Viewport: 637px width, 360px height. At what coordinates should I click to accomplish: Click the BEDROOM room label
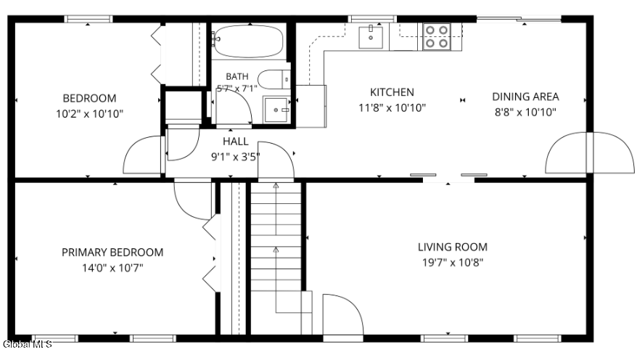tap(89, 98)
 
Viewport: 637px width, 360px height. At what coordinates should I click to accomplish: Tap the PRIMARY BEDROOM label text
tap(112, 253)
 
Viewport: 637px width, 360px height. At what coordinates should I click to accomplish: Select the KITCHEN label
tap(392, 92)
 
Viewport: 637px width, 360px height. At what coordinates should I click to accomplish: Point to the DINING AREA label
tap(525, 97)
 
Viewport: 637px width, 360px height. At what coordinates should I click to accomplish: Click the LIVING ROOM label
tap(453, 247)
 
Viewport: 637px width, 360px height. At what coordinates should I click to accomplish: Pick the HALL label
tap(236, 142)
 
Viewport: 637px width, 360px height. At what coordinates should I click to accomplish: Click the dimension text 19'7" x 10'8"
tap(453, 263)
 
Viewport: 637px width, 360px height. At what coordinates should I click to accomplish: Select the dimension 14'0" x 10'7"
tap(112, 268)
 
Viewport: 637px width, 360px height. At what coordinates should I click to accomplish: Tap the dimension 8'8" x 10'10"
tap(525, 112)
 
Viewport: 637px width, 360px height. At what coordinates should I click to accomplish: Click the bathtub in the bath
tap(248, 41)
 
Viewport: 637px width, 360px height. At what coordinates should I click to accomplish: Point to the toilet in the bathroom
tap(274, 79)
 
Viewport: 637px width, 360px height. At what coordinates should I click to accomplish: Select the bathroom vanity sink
tap(276, 110)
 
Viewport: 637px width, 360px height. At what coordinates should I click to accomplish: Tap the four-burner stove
tap(437, 36)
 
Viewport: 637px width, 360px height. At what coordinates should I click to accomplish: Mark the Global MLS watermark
tap(27, 345)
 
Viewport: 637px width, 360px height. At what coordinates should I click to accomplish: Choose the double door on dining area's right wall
tap(590, 152)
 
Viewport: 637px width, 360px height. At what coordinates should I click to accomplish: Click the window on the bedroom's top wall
tap(89, 19)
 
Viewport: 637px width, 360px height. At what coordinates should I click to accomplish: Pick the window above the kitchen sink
tap(372, 19)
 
